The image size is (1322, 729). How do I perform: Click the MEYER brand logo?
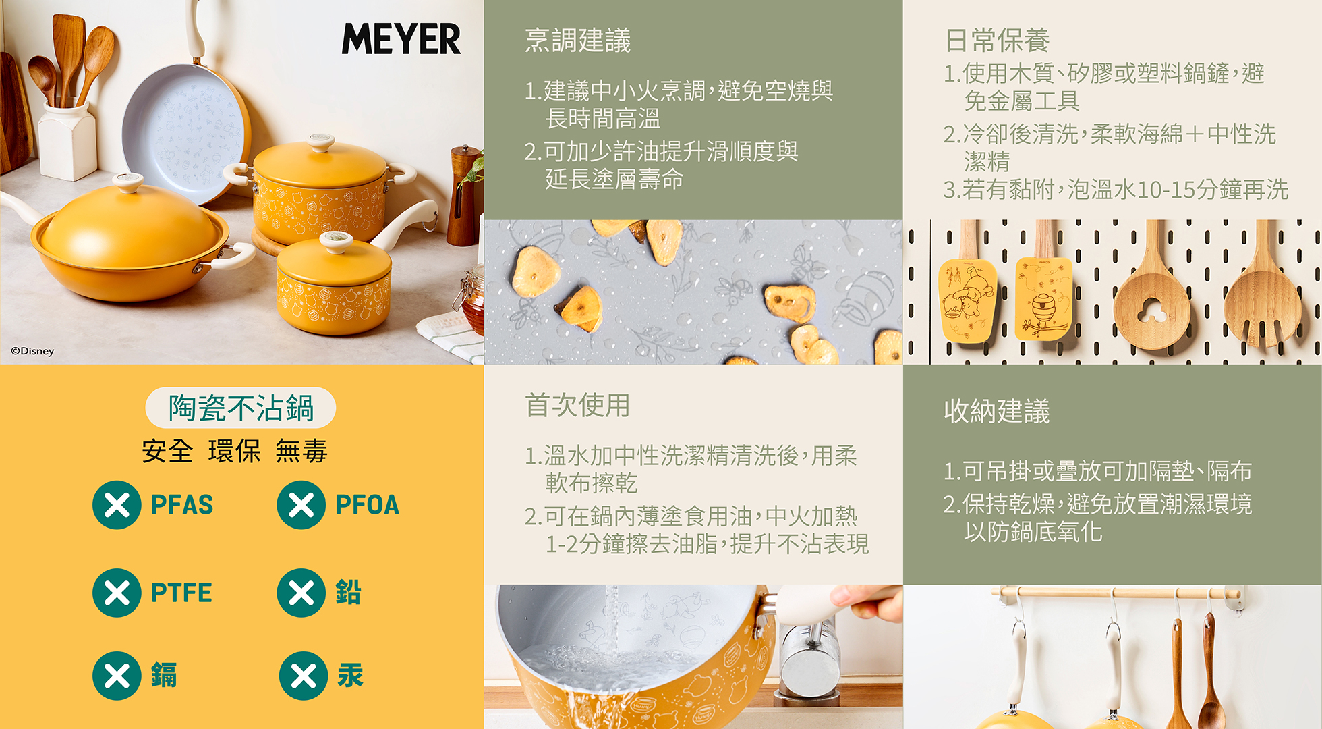401,38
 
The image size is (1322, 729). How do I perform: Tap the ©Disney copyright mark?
32,351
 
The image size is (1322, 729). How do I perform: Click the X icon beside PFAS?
117,505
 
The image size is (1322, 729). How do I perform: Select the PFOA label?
367,505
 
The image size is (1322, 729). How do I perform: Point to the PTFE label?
181,593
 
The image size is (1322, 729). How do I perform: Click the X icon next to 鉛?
301,593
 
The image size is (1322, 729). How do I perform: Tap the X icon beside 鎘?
117,676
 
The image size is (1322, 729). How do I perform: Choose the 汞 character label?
350,676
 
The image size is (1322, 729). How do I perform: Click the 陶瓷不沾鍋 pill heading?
241,408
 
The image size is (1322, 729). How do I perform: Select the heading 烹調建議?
577,40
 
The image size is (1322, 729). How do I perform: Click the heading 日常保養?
997,40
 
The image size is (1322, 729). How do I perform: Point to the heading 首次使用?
577,405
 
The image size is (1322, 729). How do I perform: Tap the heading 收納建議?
997,410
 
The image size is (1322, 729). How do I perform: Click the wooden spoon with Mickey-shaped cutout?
1151,297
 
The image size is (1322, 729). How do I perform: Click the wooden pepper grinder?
464,196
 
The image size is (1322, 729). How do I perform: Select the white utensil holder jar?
67,142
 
